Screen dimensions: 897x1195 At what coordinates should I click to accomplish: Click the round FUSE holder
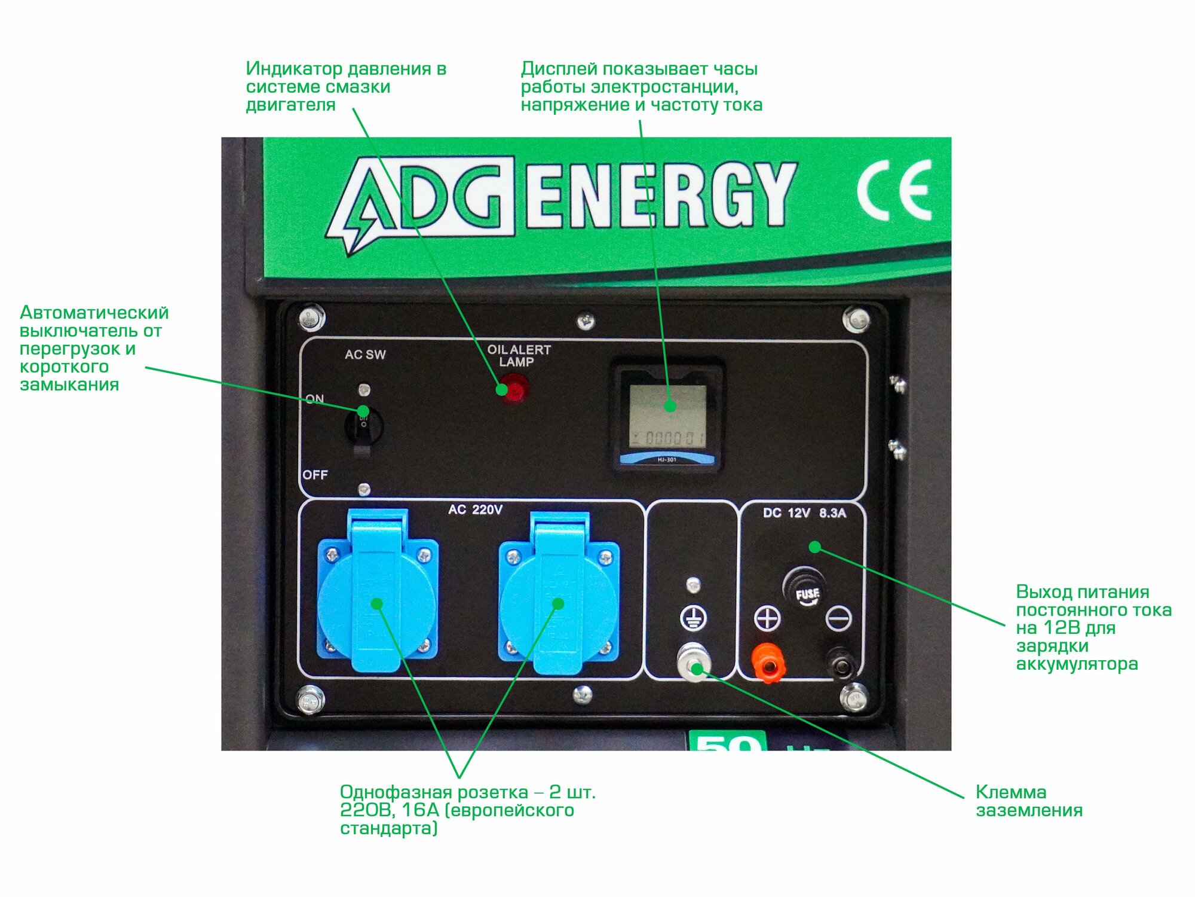(807, 589)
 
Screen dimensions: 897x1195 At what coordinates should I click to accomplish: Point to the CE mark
(894, 191)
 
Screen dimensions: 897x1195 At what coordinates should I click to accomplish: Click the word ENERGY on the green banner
(661, 196)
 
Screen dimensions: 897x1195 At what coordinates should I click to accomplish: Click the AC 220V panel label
(476, 509)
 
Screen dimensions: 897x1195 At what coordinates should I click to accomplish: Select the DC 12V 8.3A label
(804, 513)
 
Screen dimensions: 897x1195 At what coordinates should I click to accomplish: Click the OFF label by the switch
(315, 475)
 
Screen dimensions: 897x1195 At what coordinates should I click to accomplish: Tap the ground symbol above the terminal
(693, 618)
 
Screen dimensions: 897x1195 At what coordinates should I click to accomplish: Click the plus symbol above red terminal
(767, 618)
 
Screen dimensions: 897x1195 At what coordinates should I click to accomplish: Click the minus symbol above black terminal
(838, 618)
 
